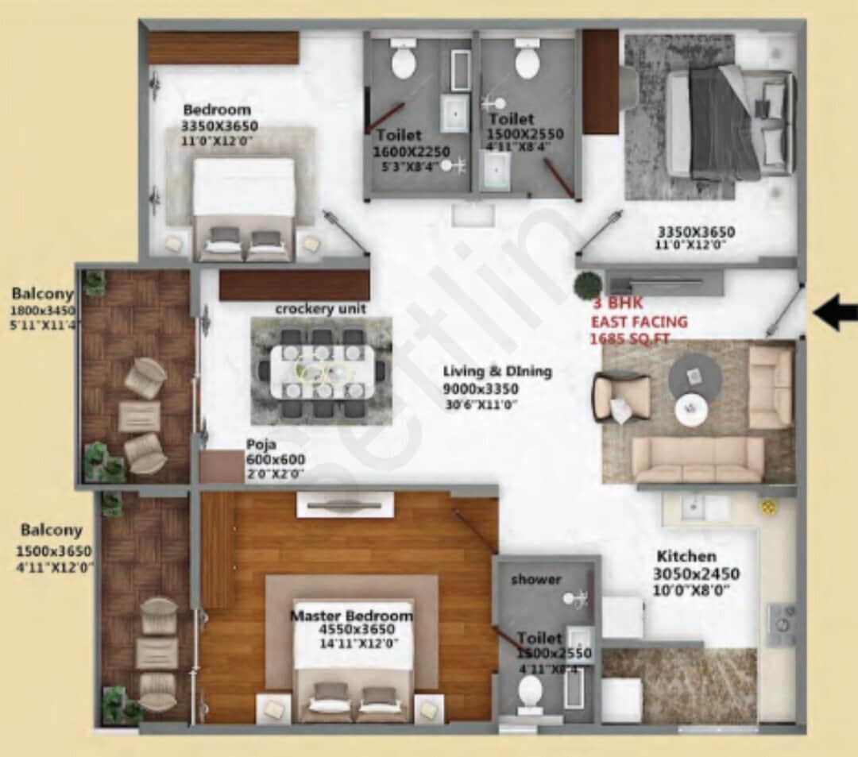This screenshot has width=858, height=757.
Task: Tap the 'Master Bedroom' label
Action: pyautogui.click(x=351, y=616)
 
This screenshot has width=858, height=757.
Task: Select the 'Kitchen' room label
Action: pyautogui.click(x=686, y=556)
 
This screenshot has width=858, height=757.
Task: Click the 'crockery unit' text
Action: pyautogui.click(x=320, y=308)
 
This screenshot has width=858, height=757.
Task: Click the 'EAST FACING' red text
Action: pyautogui.click(x=639, y=322)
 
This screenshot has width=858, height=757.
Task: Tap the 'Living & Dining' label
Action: pyautogui.click(x=497, y=371)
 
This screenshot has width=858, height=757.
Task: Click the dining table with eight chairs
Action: pyautogui.click(x=322, y=371)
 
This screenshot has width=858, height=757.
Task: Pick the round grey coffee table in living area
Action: pyautogui.click(x=695, y=376)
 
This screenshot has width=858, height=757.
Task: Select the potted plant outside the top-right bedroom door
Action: pyautogui.click(x=589, y=284)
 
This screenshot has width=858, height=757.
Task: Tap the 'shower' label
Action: pyautogui.click(x=535, y=579)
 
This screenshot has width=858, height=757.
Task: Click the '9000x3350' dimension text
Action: pyautogui.click(x=481, y=388)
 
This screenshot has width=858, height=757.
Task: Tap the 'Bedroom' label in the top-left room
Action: pyautogui.click(x=217, y=110)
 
